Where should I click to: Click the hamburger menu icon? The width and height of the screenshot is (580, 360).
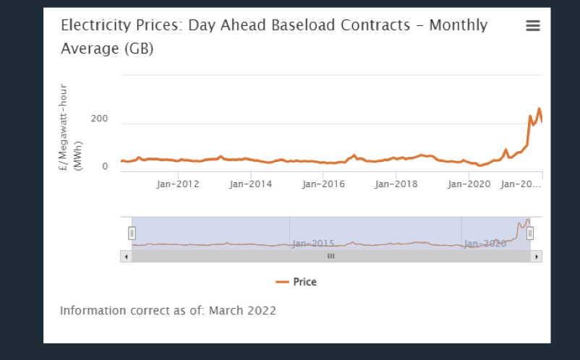(533, 26)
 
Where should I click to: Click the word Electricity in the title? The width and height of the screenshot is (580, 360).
(90, 25)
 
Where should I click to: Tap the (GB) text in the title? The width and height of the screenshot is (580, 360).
(139, 49)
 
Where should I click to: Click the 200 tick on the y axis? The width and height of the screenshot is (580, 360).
(99, 119)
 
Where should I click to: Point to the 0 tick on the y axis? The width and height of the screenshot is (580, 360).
(105, 166)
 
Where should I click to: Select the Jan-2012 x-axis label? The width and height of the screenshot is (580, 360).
(178, 184)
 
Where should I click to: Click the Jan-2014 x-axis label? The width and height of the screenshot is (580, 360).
(251, 184)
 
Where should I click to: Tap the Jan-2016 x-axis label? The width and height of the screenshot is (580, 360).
(323, 184)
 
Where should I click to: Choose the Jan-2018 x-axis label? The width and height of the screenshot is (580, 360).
(396, 184)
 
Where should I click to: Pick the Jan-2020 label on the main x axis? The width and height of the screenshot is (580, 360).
(469, 184)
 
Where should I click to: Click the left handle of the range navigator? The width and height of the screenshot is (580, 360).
(132, 233)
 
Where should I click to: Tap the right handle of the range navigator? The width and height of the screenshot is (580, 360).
(530, 233)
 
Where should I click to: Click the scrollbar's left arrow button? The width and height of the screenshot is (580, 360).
(126, 256)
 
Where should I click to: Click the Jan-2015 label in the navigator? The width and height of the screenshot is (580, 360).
(312, 243)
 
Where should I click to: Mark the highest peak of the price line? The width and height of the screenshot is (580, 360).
(539, 109)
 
